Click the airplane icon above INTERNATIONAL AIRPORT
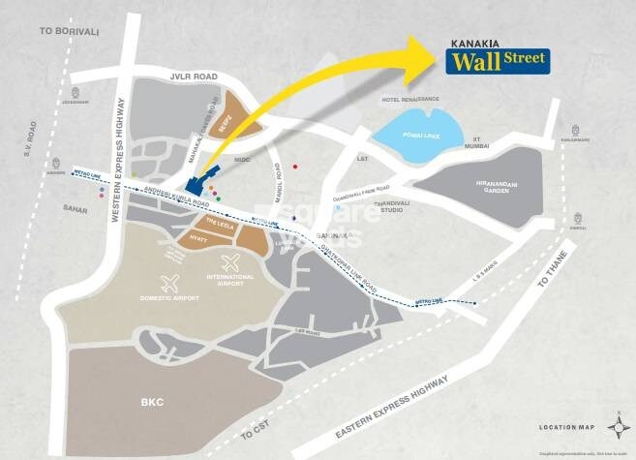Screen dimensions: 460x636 click(230, 261)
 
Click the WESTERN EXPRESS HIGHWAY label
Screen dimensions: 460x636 click(121, 136)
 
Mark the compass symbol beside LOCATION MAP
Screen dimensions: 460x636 click(617, 423)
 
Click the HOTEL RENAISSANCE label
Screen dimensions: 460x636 click(410, 99)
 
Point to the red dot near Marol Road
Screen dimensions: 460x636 click(295, 167)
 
